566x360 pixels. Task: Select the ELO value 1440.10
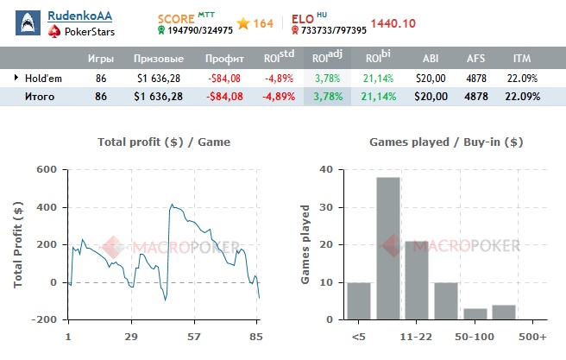(398, 23)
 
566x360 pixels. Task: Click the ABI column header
(430, 59)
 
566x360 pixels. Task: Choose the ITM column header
(521, 59)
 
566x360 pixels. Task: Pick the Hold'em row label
(43, 78)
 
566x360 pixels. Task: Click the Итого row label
(39, 97)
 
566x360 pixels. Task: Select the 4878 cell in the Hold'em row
(476, 78)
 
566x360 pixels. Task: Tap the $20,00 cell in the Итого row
(430, 97)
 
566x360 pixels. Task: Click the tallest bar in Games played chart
(387, 248)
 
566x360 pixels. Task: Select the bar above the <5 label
(358, 300)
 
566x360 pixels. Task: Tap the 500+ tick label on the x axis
(533, 335)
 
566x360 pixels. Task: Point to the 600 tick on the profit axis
(45, 170)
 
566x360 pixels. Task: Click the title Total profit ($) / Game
(164, 142)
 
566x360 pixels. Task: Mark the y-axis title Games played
(305, 243)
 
